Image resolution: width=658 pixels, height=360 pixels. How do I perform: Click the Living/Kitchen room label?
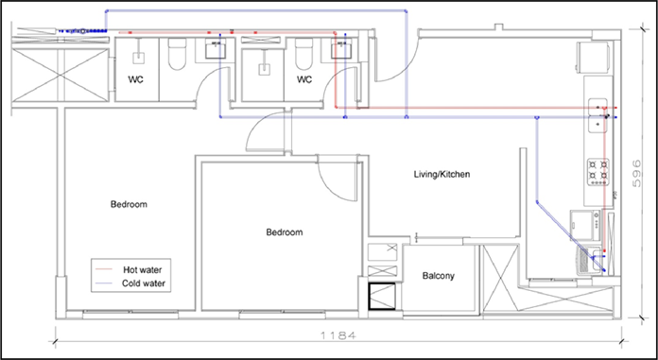(442, 174)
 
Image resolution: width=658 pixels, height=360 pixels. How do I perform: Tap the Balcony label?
(438, 276)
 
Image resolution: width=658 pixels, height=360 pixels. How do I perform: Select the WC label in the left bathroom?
(135, 79)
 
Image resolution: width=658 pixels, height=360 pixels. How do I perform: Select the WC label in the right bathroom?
(304, 79)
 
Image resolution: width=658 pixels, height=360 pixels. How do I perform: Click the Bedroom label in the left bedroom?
(129, 205)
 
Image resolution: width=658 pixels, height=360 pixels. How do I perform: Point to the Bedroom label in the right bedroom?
(285, 232)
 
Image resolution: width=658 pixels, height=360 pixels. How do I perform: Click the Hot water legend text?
(142, 269)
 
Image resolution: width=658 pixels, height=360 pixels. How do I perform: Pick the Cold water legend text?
(144, 283)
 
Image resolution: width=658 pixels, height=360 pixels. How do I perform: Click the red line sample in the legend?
(104, 269)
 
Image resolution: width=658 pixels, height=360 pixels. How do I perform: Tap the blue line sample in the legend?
(104, 283)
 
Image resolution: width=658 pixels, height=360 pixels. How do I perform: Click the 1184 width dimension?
(338, 335)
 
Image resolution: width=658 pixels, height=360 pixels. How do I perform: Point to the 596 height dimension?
(636, 173)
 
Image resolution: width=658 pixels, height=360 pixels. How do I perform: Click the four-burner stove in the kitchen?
(598, 172)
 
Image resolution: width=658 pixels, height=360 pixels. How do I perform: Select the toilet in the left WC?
(177, 54)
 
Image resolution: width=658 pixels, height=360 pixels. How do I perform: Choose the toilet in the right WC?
(303, 54)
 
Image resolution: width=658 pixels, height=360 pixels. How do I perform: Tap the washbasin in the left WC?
(216, 48)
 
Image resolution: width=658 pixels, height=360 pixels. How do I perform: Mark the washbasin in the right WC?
(341, 48)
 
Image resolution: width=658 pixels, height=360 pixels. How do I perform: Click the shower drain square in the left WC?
(138, 58)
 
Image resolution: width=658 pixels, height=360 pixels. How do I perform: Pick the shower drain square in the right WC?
(265, 69)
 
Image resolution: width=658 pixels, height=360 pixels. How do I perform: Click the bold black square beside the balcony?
(382, 297)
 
